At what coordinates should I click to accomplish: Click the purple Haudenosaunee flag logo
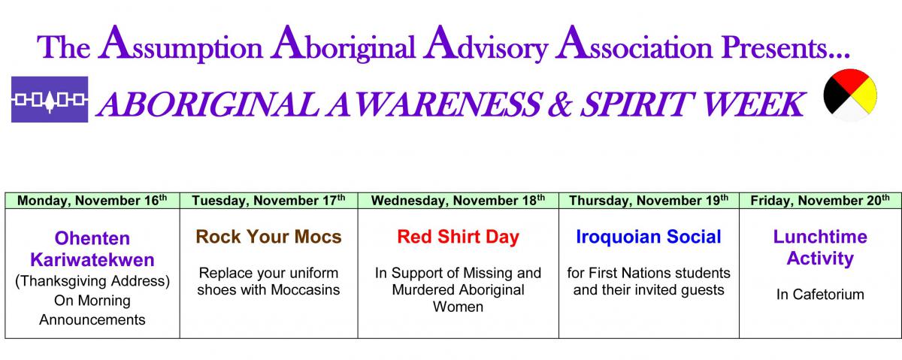[x=50, y=99]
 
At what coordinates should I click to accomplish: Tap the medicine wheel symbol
[x=850, y=95]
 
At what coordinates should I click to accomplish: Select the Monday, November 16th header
[x=92, y=201]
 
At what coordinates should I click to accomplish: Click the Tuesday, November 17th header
[x=268, y=201]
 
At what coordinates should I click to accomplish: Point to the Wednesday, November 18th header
[x=458, y=201]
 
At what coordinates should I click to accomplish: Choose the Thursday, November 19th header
[x=649, y=201]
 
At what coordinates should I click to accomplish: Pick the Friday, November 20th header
[x=820, y=201]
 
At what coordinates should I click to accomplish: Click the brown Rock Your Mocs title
[x=268, y=237]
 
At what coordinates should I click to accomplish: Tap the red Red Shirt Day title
[x=459, y=237]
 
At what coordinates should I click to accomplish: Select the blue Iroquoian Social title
[x=649, y=237]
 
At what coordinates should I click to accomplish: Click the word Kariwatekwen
[x=92, y=260]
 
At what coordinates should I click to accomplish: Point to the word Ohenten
[x=92, y=238]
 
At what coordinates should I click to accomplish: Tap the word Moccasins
[x=305, y=289]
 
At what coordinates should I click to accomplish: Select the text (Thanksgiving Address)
[x=92, y=281]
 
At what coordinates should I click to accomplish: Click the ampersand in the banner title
[x=560, y=104]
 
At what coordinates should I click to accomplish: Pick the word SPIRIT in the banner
[x=637, y=104]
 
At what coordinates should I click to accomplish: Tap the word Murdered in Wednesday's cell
[x=423, y=289]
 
